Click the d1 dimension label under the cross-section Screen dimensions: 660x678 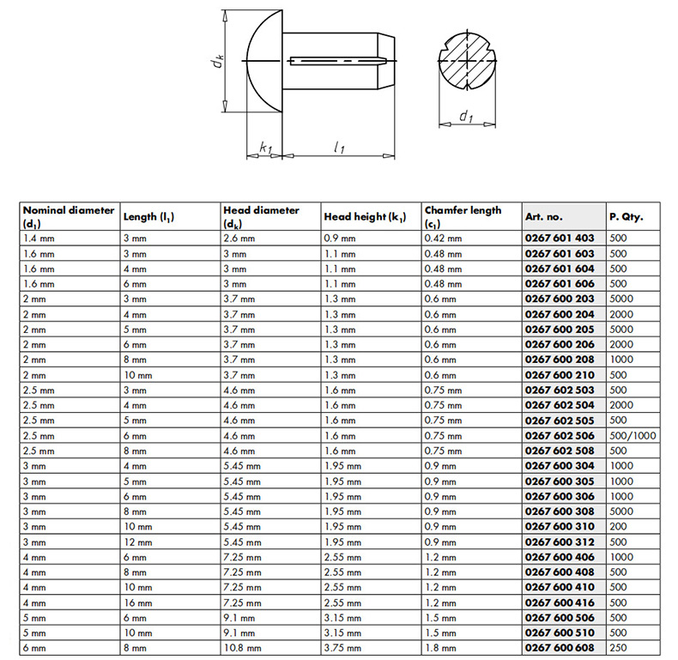465,117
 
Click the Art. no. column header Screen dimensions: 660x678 543,217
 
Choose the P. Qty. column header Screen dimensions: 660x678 627,217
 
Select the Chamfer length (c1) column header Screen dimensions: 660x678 463,216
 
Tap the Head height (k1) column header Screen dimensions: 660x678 365,217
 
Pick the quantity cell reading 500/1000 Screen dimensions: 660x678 632,434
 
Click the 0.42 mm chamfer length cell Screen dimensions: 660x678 443,238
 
